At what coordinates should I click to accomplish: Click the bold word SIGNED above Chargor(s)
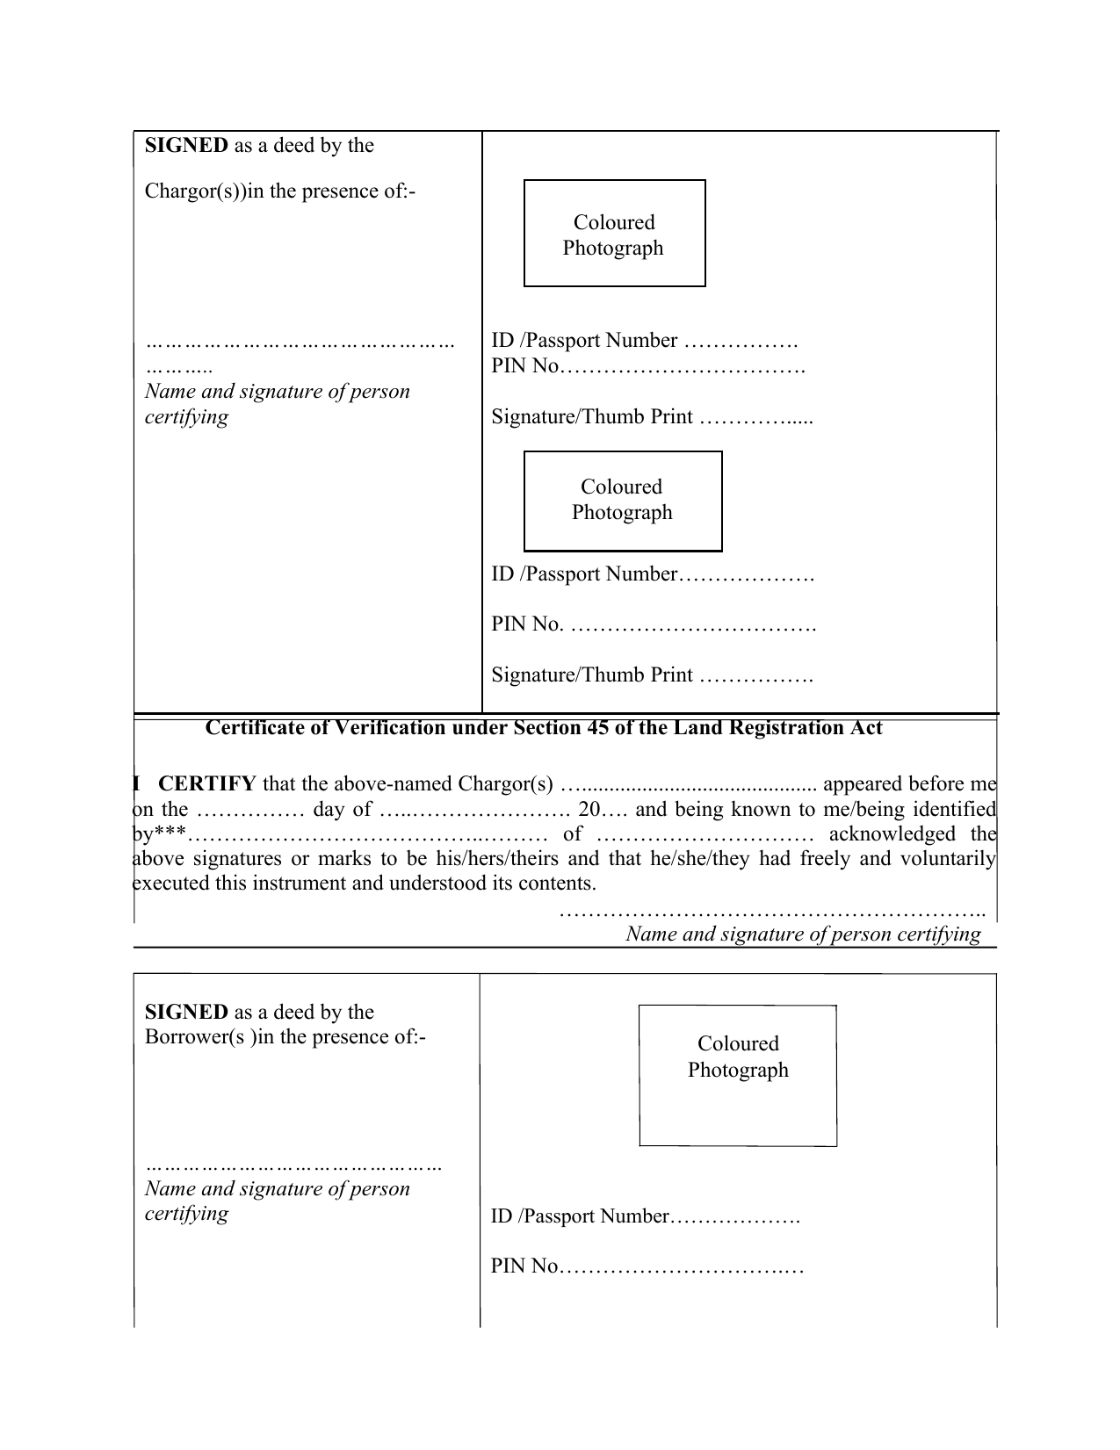click(186, 146)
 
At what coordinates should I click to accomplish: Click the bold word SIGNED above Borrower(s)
click(186, 1012)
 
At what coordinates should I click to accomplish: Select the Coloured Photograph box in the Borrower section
click(737, 1075)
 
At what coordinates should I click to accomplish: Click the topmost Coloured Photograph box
click(614, 234)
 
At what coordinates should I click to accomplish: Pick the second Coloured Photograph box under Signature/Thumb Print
click(622, 501)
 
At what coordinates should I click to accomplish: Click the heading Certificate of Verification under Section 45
click(543, 728)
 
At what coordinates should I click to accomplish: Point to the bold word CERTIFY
click(207, 783)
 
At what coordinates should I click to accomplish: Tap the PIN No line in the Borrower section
click(647, 1266)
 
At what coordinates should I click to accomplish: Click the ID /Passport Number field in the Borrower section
click(645, 1216)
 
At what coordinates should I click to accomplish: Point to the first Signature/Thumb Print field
click(652, 417)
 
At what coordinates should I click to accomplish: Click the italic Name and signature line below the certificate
click(803, 934)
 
